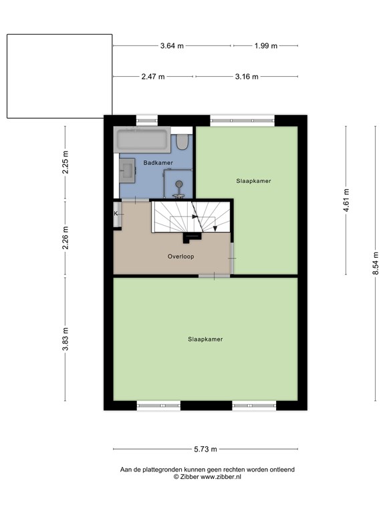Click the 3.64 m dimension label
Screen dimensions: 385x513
pyautogui.click(x=172, y=46)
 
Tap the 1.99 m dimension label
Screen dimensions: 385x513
pyautogui.click(x=266, y=46)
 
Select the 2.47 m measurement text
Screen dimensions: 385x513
pyautogui.click(x=153, y=77)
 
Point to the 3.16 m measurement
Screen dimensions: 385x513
pyautogui.click(x=247, y=77)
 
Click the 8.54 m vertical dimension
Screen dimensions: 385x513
pyautogui.click(x=376, y=263)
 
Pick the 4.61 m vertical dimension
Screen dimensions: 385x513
pyautogui.click(x=346, y=200)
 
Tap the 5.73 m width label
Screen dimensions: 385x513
pyautogui.click(x=205, y=449)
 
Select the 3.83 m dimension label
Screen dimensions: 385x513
pyautogui.click(x=65, y=339)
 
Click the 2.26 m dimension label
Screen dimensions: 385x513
pyautogui.click(x=65, y=238)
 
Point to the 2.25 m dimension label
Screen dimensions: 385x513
pyautogui.click(x=65, y=162)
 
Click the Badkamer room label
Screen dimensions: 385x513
pyautogui.click(x=158, y=162)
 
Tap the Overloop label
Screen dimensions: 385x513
pyautogui.click(x=180, y=256)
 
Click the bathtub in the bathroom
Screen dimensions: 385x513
pyautogui.click(x=142, y=140)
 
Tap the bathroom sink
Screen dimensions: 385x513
pyautogui.click(x=127, y=170)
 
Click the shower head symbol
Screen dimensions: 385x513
pyautogui.click(x=178, y=184)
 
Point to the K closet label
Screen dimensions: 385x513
pyautogui.click(x=116, y=214)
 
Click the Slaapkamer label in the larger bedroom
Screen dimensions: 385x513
pyautogui.click(x=205, y=339)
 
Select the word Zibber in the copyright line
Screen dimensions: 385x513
pyautogui.click(x=189, y=477)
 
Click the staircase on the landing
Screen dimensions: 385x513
pyautogui.click(x=191, y=216)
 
